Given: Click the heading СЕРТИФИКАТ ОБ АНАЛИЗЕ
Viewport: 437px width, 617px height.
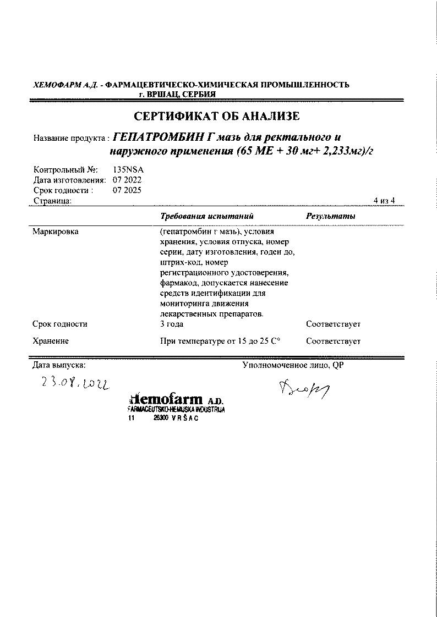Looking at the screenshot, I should coord(217,117).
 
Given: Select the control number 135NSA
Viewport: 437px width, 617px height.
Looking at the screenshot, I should coord(128,170).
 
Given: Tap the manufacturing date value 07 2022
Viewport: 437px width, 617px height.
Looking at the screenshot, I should coord(127,180).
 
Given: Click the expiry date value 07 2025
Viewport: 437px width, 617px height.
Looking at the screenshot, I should coord(127,190).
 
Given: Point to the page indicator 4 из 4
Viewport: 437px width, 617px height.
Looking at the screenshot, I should coord(384,201).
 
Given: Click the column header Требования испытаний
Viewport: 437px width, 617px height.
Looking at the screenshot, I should coord(206,216).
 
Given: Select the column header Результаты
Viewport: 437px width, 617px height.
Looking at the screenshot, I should coord(330,216).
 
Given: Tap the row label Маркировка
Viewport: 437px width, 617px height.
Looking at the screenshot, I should coord(56,232).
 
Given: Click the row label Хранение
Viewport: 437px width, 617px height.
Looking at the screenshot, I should coord(51,341).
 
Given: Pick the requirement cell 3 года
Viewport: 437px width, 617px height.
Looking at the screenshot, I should coord(171,324).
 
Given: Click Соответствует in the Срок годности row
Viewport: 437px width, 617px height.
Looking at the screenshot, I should coord(333,324).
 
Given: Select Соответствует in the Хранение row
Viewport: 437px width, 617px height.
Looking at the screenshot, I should coord(333,341).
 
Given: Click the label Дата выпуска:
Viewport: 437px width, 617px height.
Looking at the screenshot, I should coord(59,365).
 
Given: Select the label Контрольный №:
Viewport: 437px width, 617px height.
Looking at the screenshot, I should coord(65,170).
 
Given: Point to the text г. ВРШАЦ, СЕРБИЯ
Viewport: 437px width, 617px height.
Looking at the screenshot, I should coord(177,94).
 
